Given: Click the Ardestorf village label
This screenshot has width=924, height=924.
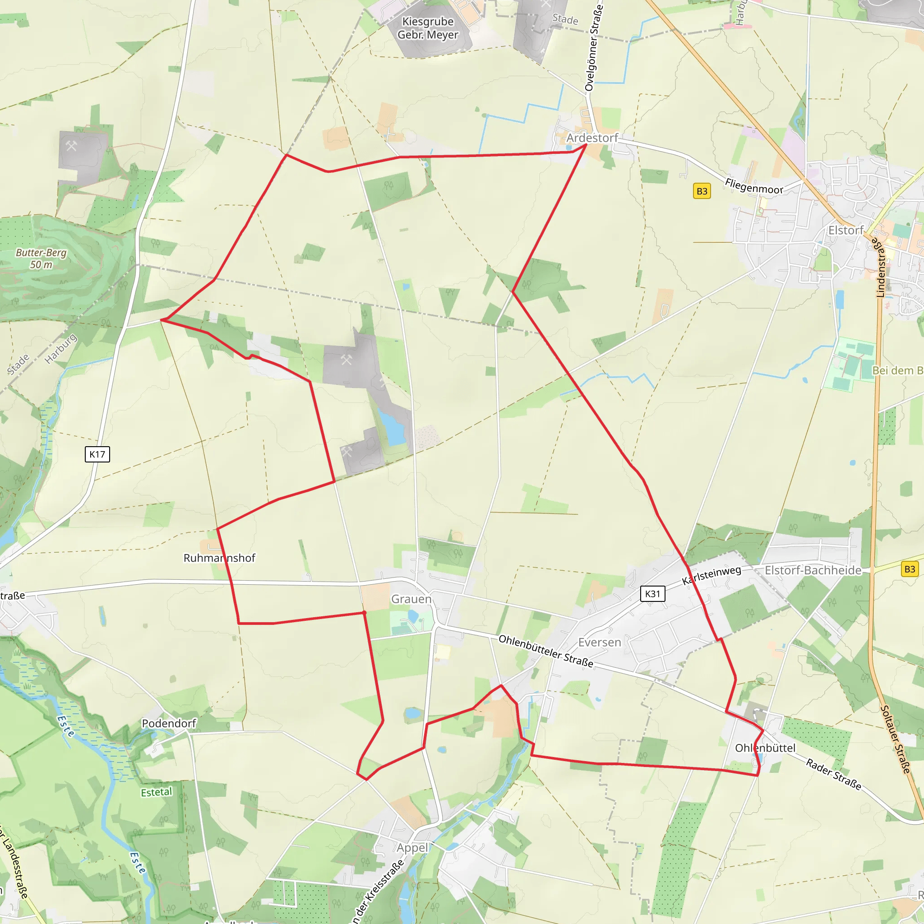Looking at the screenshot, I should (x=592, y=138).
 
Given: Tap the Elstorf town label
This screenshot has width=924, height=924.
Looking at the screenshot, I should (x=845, y=231).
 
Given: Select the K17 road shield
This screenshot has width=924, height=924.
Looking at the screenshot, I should (x=97, y=454).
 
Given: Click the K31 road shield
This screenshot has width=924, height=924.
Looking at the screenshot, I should (x=652, y=594).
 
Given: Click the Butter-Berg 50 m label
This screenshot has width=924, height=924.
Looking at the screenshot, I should (x=41, y=258).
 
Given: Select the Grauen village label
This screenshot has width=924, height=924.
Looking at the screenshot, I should (x=411, y=599).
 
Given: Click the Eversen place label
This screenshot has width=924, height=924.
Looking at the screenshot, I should (x=599, y=642).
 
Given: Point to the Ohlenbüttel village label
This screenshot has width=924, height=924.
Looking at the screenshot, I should (x=765, y=748).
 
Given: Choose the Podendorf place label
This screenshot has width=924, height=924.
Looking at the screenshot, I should (x=169, y=723).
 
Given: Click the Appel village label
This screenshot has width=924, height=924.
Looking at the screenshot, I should (x=412, y=847).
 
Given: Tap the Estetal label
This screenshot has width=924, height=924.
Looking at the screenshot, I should (x=156, y=792).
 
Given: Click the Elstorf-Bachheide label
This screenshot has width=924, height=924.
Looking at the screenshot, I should (x=813, y=570).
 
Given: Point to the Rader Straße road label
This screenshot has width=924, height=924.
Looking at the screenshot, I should (x=834, y=774).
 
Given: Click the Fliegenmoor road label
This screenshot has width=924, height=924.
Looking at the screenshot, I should (x=754, y=186).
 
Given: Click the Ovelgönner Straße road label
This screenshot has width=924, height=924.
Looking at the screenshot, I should (x=594, y=48).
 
